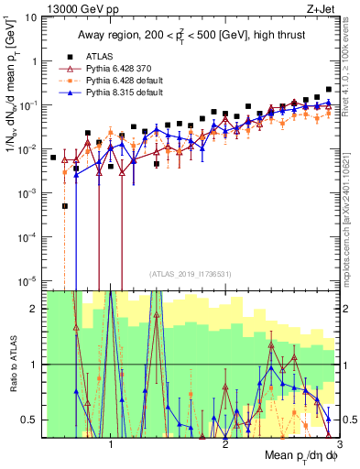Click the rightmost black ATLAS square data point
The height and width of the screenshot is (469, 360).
pyautogui.click(x=329, y=90)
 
